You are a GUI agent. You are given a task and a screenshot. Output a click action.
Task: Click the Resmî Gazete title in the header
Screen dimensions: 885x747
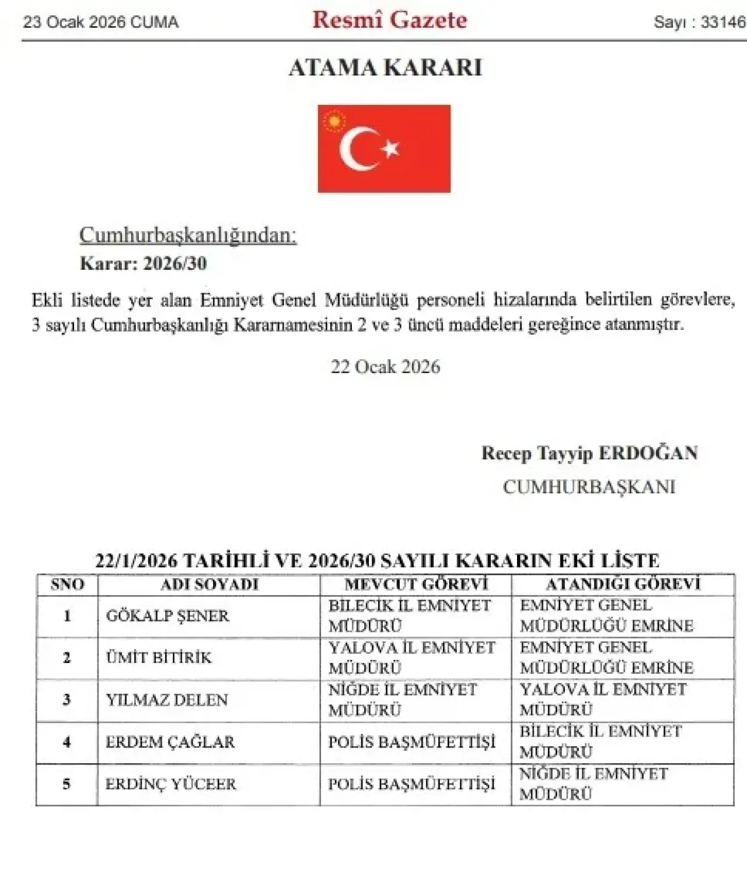[x=389, y=20]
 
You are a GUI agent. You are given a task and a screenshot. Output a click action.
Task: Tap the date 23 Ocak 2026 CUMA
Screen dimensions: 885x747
[x=100, y=22]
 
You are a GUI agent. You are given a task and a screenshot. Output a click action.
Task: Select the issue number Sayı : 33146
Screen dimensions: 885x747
[x=699, y=22]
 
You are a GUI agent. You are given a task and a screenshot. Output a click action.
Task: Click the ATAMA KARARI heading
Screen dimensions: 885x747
[x=385, y=68]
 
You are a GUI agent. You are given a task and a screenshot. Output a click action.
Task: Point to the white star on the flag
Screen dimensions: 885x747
[x=390, y=149]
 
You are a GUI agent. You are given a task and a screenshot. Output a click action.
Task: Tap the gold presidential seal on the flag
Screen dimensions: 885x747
[x=334, y=121]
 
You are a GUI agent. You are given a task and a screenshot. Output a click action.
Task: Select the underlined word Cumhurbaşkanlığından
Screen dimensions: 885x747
[x=188, y=235]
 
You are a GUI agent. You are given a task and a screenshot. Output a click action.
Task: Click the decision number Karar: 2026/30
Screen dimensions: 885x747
[x=143, y=264]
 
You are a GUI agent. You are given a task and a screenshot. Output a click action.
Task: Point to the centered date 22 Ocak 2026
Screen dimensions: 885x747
[x=385, y=367]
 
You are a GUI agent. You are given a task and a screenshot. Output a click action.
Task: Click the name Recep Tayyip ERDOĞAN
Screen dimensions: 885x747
[x=589, y=453]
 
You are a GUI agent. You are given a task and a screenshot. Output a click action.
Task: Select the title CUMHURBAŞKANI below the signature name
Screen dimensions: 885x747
[x=589, y=487]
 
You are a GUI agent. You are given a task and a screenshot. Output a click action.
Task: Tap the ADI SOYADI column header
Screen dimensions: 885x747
[x=209, y=584]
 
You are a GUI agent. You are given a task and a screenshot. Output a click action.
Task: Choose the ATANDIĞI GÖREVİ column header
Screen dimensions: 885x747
[x=623, y=584]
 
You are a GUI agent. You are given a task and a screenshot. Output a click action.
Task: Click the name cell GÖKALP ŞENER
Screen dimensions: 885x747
[x=167, y=616]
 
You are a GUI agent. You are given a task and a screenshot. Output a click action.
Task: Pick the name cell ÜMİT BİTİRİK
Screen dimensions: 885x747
[x=159, y=658]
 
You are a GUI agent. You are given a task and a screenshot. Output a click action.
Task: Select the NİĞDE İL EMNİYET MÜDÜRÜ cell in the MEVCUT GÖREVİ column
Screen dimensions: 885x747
[x=403, y=700]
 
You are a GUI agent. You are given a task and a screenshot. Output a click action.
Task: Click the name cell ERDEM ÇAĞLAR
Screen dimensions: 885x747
[x=170, y=742]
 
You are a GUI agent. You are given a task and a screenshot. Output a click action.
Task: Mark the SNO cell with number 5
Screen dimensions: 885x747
[x=67, y=784]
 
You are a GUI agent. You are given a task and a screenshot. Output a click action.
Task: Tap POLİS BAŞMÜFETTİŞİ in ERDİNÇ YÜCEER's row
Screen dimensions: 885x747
[x=411, y=784]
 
